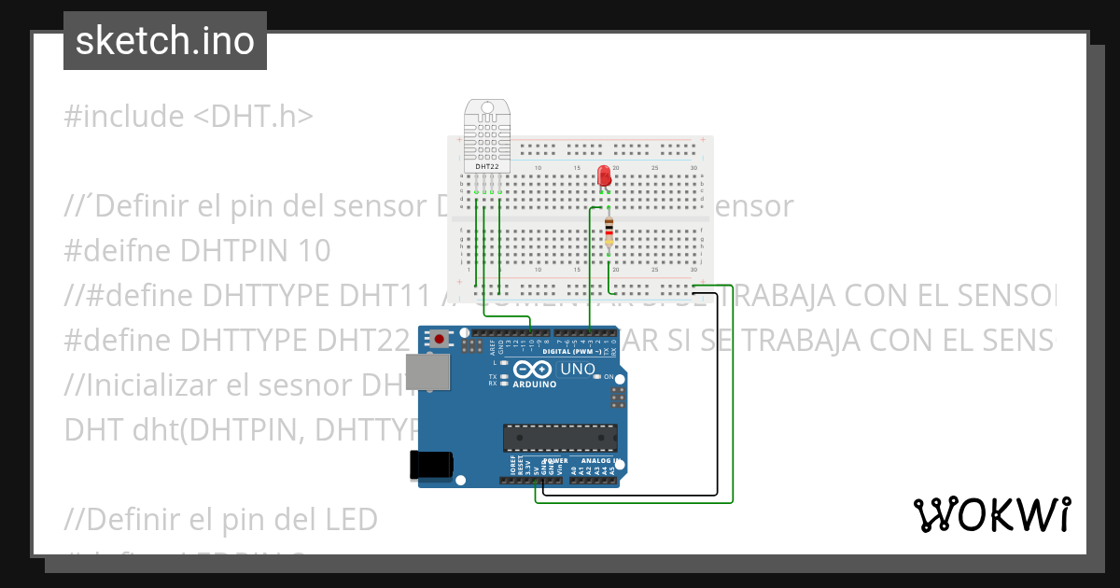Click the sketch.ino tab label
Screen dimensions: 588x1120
(164, 41)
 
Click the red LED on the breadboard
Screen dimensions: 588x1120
(604, 175)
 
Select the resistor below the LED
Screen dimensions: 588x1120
(609, 229)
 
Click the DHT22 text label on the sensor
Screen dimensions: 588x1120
(487, 166)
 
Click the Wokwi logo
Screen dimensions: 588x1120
(991, 514)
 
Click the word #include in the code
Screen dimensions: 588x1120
(124, 117)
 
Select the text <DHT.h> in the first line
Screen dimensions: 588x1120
(254, 117)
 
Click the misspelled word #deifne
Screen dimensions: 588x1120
(119, 251)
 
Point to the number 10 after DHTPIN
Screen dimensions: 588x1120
(315, 251)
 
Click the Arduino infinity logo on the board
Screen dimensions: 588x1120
(532, 371)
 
